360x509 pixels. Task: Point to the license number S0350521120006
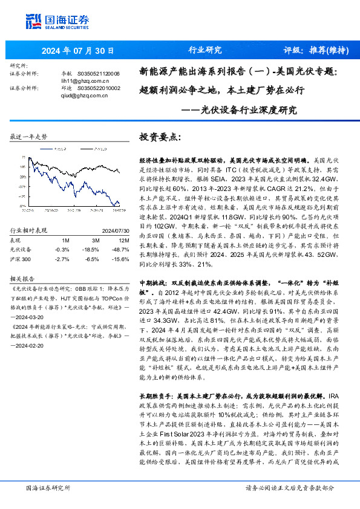pyautogui.click(x=99, y=74)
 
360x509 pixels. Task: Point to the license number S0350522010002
pyautogui.click(x=99, y=88)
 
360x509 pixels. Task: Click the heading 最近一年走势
pyautogui.click(x=29, y=137)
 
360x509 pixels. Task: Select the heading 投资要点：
pyautogui.click(x=160, y=138)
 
